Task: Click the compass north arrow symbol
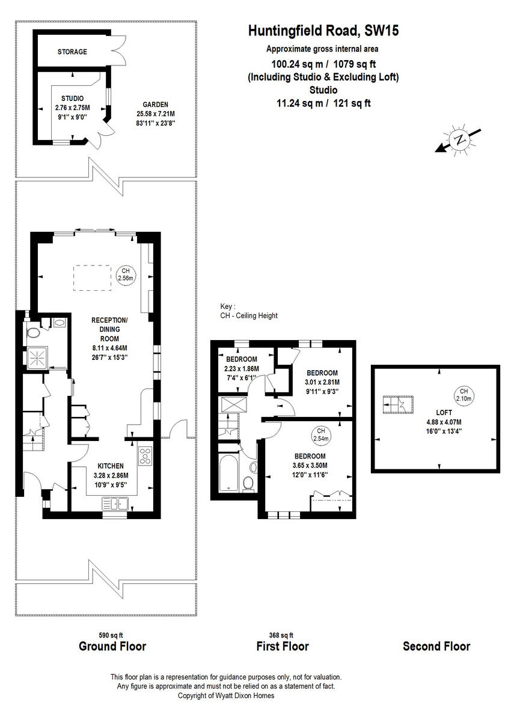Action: [459, 139]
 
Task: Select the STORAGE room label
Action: [72, 52]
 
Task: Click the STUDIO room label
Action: [72, 98]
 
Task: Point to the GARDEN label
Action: [155, 103]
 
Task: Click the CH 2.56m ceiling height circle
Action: [125, 275]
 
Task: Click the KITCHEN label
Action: [111, 466]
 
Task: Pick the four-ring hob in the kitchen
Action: [145, 457]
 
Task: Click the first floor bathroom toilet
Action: [248, 484]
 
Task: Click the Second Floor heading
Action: [436, 646]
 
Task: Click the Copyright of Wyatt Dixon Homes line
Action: [226, 695]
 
